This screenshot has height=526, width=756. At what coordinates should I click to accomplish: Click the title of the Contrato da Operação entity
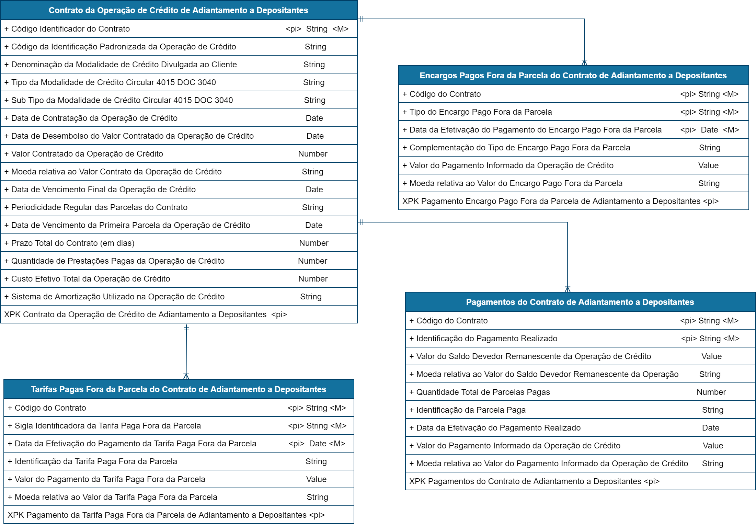[178, 10]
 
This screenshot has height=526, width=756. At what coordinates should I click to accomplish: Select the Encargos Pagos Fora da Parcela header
[573, 76]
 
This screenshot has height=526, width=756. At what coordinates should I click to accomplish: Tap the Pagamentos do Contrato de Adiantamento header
[580, 302]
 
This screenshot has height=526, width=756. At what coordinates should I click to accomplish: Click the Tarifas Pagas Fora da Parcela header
[179, 389]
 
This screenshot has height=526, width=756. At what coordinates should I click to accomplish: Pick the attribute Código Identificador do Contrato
[70, 29]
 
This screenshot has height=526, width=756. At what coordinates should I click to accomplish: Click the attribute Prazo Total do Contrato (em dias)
[73, 243]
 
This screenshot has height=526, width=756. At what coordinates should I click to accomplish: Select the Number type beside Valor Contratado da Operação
[312, 154]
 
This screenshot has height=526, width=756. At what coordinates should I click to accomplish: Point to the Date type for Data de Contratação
[314, 118]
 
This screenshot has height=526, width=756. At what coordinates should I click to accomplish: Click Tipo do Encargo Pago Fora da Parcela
[481, 112]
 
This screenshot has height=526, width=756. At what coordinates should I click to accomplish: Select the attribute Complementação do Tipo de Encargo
[520, 148]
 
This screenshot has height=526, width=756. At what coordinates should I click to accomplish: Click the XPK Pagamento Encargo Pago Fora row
[560, 201]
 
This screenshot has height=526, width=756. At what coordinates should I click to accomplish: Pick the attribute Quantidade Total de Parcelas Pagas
[483, 392]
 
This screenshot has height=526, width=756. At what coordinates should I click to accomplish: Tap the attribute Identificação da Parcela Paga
[471, 410]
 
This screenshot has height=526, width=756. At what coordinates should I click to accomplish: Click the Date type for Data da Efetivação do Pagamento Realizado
[710, 428]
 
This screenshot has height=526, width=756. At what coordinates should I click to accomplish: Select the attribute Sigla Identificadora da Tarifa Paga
[107, 426]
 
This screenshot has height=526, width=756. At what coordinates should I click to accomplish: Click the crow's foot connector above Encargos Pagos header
[584, 62]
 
